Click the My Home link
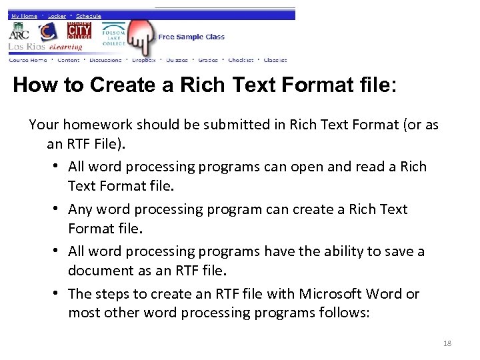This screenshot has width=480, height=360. click(x=24, y=15)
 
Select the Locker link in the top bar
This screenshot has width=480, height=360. click(x=57, y=15)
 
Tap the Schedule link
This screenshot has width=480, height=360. click(x=89, y=15)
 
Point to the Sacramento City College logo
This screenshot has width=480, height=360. click(x=79, y=31)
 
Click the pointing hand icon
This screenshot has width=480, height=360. click(x=141, y=37)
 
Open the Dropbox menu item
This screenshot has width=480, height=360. click(x=144, y=60)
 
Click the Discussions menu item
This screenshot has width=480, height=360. click(x=105, y=60)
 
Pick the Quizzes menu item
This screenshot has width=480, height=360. click(x=177, y=60)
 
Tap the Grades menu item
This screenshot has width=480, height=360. click(x=208, y=60)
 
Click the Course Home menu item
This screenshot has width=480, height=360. click(x=28, y=60)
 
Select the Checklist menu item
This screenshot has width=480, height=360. click(x=241, y=60)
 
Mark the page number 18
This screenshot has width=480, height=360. click(x=447, y=343)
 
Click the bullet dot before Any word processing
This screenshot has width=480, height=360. click(x=57, y=209)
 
